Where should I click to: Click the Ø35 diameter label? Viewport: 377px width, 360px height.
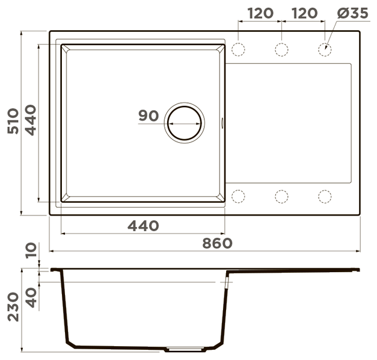[x=352, y=13]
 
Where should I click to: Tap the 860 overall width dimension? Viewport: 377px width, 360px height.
[x=217, y=243]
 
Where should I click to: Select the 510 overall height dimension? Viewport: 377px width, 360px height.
[x=13, y=121]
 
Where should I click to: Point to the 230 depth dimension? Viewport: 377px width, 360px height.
[x=13, y=307]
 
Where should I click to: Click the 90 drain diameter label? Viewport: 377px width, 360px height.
[x=149, y=116]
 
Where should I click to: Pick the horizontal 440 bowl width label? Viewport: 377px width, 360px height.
[x=143, y=226]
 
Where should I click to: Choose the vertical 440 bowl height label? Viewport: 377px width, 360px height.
[x=31, y=120]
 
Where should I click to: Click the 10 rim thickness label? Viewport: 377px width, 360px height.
[x=31, y=250]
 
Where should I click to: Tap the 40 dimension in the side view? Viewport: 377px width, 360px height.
[x=31, y=297]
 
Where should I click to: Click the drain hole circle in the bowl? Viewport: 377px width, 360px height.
[x=185, y=106]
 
